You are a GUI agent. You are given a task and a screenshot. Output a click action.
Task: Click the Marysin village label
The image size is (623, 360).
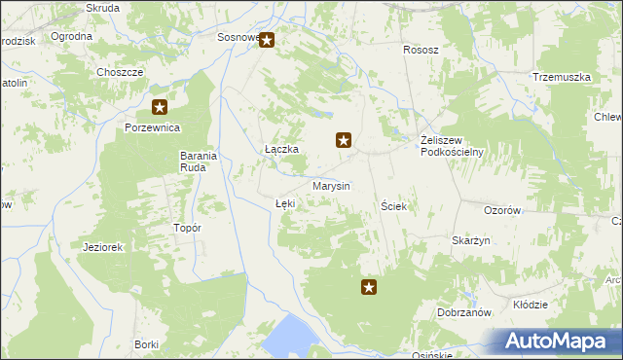click(x=331, y=185)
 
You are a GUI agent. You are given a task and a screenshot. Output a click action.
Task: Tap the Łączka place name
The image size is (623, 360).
click(x=280, y=149)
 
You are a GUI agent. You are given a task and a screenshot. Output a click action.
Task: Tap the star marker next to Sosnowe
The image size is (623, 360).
click(x=267, y=41)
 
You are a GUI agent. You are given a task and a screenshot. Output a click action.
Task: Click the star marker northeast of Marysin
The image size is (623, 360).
click(x=344, y=140)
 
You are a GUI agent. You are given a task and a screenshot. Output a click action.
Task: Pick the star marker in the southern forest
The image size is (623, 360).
click(x=369, y=286)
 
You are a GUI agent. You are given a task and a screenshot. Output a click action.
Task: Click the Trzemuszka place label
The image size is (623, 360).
click(x=562, y=77)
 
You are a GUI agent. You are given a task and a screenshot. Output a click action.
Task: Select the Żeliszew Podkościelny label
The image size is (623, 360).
click(x=452, y=145)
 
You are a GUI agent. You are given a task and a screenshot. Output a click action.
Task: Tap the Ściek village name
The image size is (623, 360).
click(x=392, y=206)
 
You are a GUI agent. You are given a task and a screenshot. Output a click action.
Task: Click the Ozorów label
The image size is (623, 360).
click(x=503, y=210)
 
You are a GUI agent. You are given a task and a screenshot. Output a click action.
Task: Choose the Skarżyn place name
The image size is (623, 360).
click(x=470, y=240)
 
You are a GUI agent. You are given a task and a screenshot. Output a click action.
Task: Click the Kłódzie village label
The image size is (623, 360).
click(x=530, y=305)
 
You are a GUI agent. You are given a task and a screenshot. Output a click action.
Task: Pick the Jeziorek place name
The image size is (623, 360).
click(x=103, y=247)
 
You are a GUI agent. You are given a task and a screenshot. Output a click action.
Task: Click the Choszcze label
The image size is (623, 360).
click(x=121, y=72)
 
